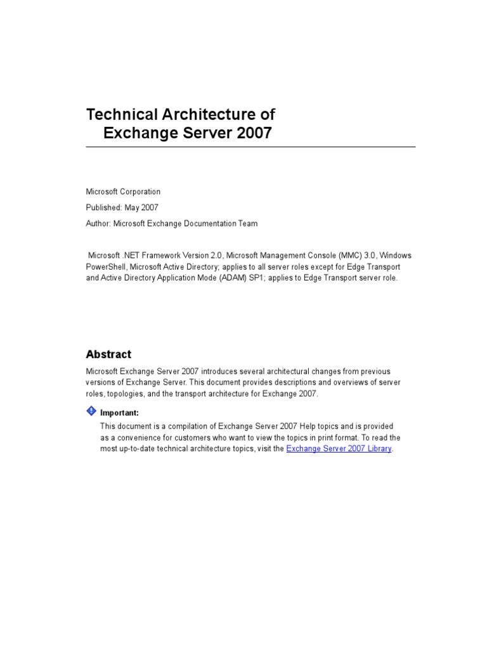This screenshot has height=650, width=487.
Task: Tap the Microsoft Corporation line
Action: coord(123,192)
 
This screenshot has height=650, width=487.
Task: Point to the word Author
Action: coord(98,223)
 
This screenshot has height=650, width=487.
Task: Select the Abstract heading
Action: coord(108,354)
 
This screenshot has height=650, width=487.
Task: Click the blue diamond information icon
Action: coord(91,411)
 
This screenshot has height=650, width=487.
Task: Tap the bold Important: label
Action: coord(119,413)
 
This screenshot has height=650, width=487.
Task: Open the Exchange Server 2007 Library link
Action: coord(339,449)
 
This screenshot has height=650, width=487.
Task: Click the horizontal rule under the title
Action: coord(250,147)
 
